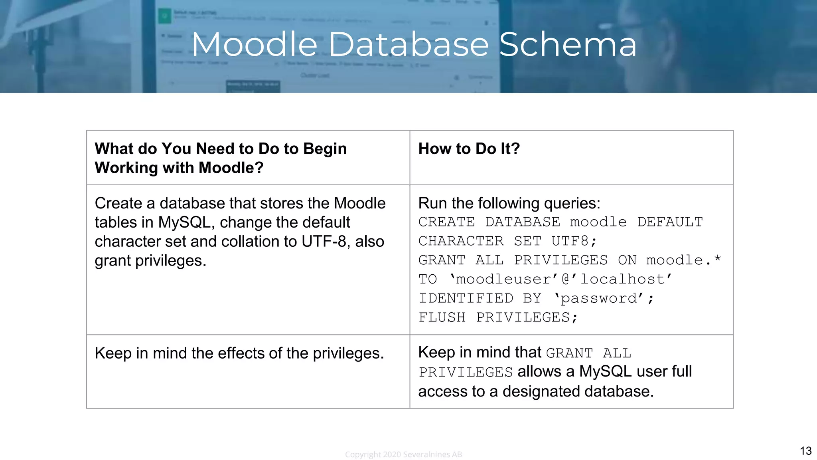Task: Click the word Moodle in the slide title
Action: point(255,45)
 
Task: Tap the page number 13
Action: point(805,451)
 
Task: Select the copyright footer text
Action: point(403,454)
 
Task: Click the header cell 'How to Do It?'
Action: point(469,149)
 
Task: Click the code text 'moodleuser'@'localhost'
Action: point(561,279)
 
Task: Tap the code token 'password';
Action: point(604,298)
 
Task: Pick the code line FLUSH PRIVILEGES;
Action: point(497,317)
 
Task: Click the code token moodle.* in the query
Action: point(683,260)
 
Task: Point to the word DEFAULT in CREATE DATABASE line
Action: point(670,222)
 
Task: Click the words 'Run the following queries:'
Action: point(509,203)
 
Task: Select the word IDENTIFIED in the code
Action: point(466,298)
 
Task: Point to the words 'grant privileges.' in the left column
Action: point(150,261)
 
